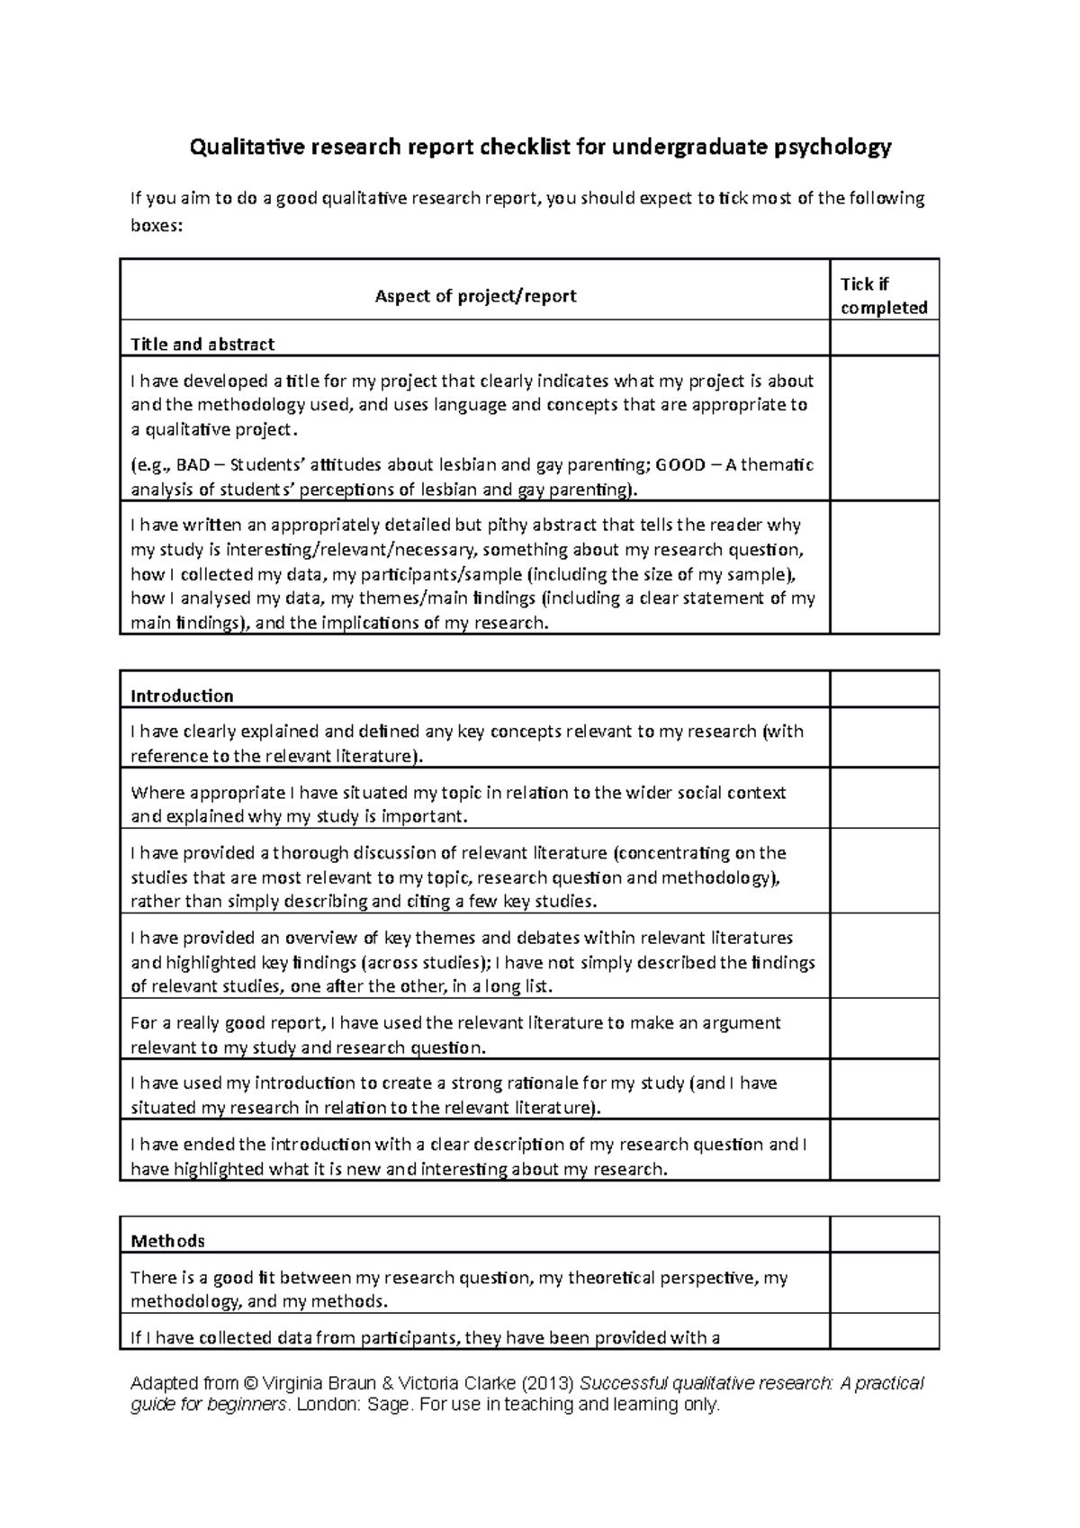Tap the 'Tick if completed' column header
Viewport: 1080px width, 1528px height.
(x=883, y=296)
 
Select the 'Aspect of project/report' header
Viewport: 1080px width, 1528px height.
(x=475, y=296)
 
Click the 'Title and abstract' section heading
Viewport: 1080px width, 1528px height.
(x=202, y=344)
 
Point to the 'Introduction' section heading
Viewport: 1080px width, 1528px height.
(x=182, y=696)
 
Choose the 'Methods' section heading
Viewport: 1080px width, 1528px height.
(x=167, y=1241)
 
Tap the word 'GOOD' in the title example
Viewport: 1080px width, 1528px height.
(x=680, y=465)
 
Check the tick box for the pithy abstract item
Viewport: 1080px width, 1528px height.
(x=884, y=567)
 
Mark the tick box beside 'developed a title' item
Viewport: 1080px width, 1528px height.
(x=884, y=428)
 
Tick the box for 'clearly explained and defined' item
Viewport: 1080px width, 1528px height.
(x=884, y=738)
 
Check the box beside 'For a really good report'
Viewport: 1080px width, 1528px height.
(x=884, y=1029)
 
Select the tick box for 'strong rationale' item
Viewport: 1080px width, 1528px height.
(x=884, y=1089)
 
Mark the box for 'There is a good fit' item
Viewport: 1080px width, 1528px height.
(x=884, y=1282)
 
